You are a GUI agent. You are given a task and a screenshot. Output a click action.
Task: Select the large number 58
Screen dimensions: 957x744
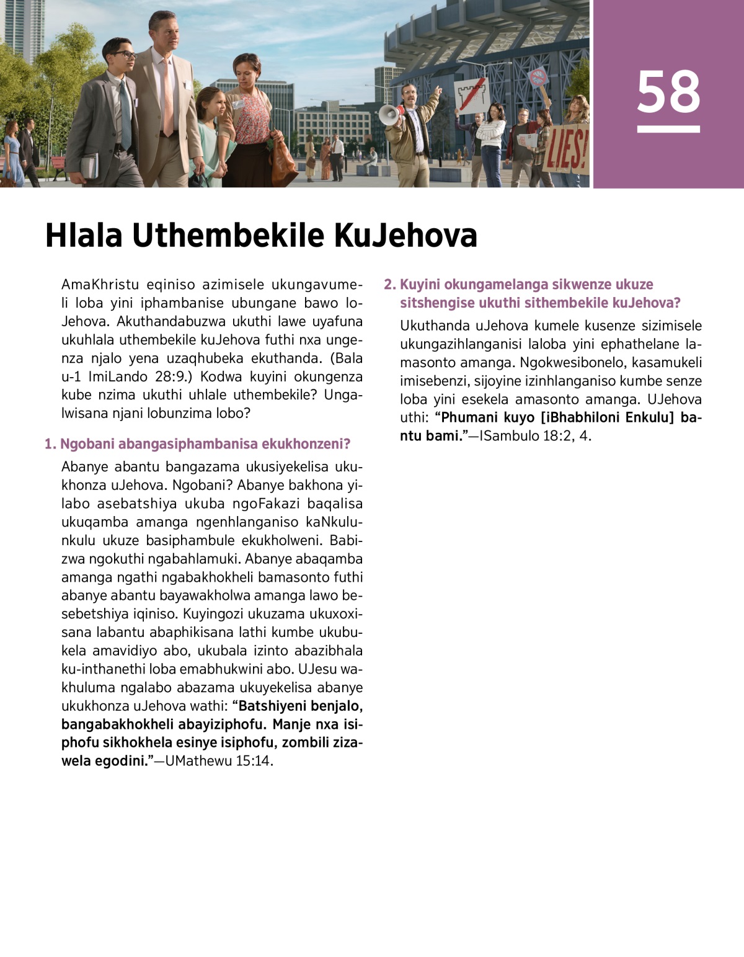point(668,92)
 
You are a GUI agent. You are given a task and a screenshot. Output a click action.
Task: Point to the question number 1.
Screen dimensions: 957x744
point(50,444)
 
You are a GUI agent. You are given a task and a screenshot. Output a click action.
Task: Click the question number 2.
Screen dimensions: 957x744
point(389,285)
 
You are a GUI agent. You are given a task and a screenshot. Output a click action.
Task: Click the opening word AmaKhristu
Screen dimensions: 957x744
point(97,285)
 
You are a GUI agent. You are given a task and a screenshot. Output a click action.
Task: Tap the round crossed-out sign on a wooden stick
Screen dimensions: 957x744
point(538,79)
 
